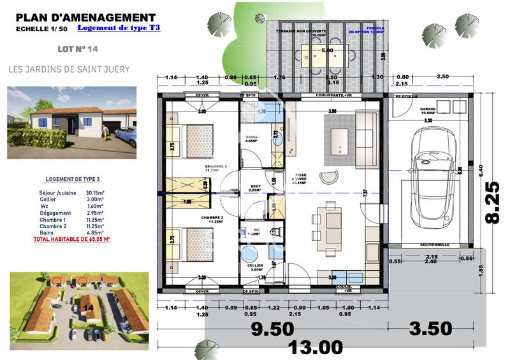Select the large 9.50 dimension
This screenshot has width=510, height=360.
273,329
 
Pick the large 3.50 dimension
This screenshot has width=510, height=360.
432,329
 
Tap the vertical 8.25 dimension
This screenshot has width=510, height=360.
493,200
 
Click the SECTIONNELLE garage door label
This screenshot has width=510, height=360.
434,245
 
